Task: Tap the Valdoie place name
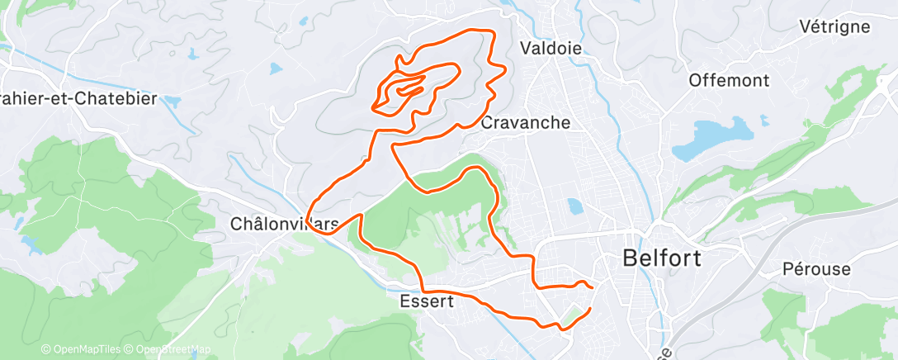551,49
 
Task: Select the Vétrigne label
834,26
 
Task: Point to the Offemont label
729,81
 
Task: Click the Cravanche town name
526,123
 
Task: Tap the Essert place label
425,301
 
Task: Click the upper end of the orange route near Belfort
591,287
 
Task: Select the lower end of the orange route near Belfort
590,310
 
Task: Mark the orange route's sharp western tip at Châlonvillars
308,220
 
